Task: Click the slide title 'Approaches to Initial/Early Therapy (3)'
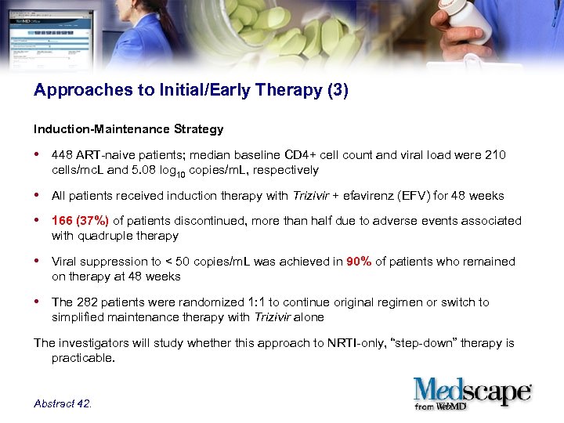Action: [190, 90]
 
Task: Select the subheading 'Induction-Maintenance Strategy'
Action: [128, 128]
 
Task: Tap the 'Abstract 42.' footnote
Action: [63, 403]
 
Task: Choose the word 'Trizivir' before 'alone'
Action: [275, 317]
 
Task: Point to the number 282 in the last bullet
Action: [85, 302]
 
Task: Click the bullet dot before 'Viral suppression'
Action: [38, 262]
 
